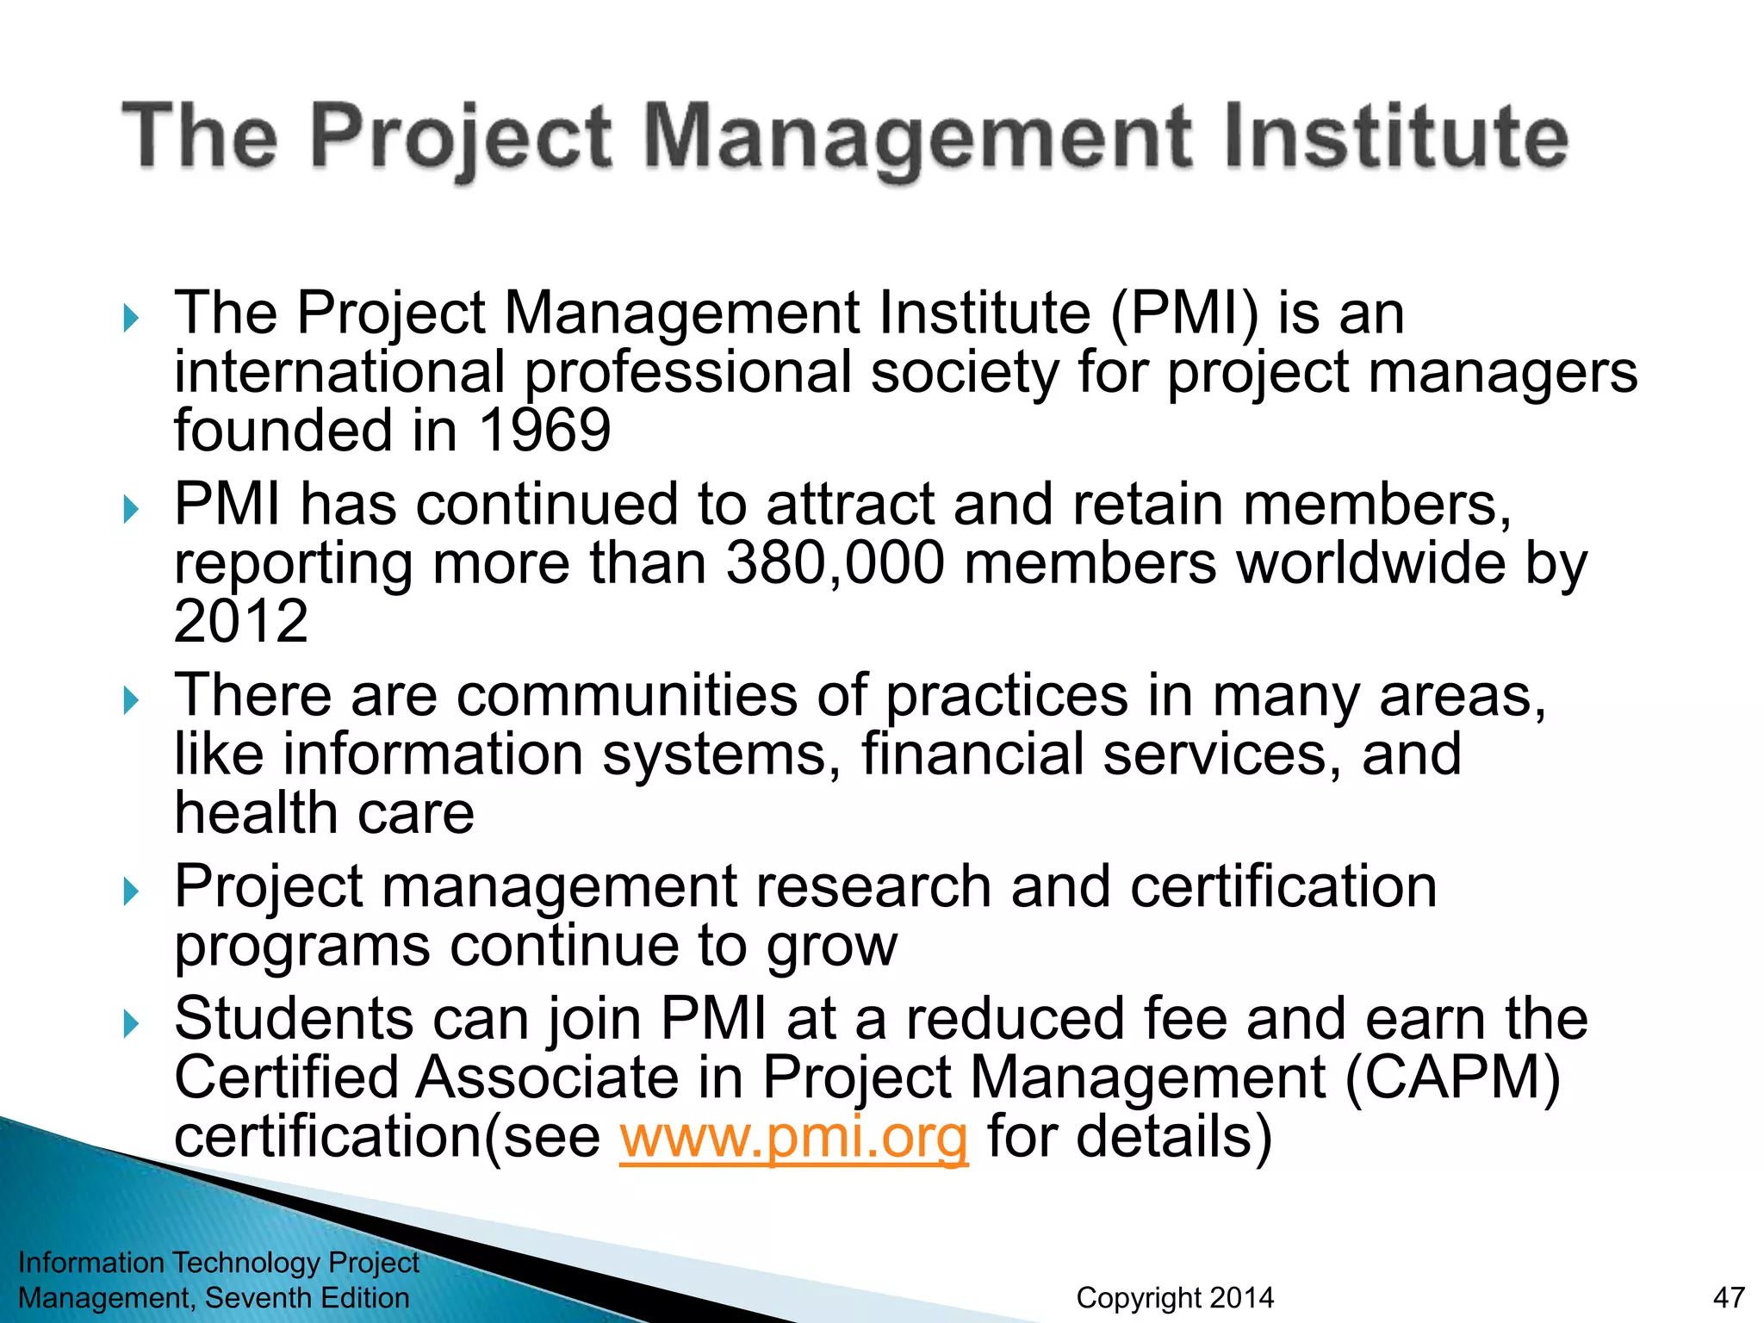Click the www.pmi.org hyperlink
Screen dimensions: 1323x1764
coord(793,1138)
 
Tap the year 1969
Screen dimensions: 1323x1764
coord(544,431)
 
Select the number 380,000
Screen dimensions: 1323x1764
coord(835,563)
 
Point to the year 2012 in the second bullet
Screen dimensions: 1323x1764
coord(241,622)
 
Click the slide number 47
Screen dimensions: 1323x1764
coord(1729,1297)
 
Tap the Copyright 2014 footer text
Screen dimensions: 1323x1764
coord(1175,1297)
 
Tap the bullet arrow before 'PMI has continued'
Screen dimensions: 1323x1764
coord(131,510)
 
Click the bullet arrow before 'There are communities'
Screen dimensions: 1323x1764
coord(131,700)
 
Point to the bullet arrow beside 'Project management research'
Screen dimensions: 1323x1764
coord(131,891)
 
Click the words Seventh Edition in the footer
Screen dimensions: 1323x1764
coord(307,1297)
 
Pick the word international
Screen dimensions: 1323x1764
coord(339,372)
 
